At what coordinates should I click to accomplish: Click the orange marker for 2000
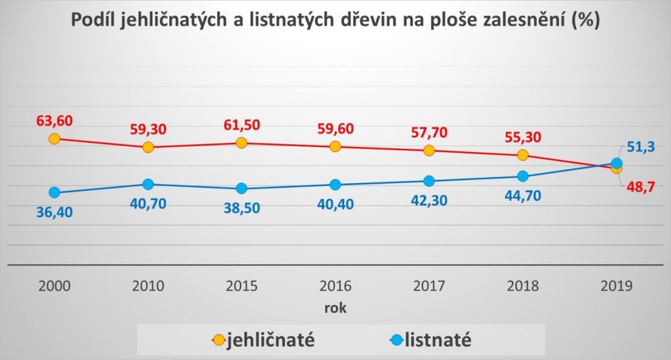(x=54, y=138)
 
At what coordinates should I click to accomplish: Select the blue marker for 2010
(x=148, y=184)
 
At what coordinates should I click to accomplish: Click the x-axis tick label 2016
(x=335, y=287)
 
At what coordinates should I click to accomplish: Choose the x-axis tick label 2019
(x=617, y=287)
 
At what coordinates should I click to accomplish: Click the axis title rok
(x=335, y=308)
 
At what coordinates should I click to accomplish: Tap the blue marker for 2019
(x=617, y=163)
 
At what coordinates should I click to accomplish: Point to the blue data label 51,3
(x=641, y=149)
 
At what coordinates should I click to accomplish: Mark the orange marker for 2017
(x=429, y=150)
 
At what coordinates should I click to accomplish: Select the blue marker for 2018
(x=522, y=176)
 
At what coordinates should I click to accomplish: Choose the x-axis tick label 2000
(x=54, y=287)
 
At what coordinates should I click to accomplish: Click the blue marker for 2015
(x=241, y=188)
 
